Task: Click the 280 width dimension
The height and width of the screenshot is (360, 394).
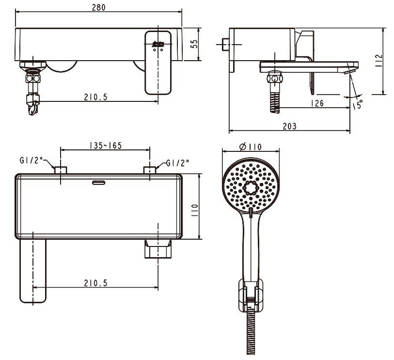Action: point(98,7)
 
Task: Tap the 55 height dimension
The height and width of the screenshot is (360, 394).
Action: point(194,44)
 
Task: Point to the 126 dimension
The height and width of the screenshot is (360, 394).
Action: point(317,103)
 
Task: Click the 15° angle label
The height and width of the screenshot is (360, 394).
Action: point(358,104)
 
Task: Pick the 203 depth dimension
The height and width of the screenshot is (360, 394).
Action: point(289,126)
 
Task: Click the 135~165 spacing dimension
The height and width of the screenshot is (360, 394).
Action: point(106,146)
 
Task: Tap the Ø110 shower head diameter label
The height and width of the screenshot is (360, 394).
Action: point(250,147)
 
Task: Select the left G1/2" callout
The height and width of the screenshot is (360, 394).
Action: point(32,160)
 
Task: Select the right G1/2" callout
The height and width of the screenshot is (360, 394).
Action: point(177,163)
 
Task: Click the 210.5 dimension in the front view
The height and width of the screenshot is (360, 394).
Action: point(95,97)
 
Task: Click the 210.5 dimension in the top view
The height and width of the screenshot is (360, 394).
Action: point(95,283)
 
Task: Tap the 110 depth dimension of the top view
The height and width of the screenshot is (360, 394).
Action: point(195,210)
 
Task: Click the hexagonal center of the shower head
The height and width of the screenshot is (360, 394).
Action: point(251,187)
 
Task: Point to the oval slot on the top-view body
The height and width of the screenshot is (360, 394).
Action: point(98,182)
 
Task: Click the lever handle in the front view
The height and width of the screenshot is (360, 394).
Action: point(158,63)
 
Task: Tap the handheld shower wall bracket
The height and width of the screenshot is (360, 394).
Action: point(251,295)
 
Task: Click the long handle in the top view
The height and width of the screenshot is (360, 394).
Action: point(33,271)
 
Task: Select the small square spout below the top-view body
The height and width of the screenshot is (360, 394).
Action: point(158,249)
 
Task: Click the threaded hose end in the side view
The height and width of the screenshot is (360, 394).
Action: point(275,102)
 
